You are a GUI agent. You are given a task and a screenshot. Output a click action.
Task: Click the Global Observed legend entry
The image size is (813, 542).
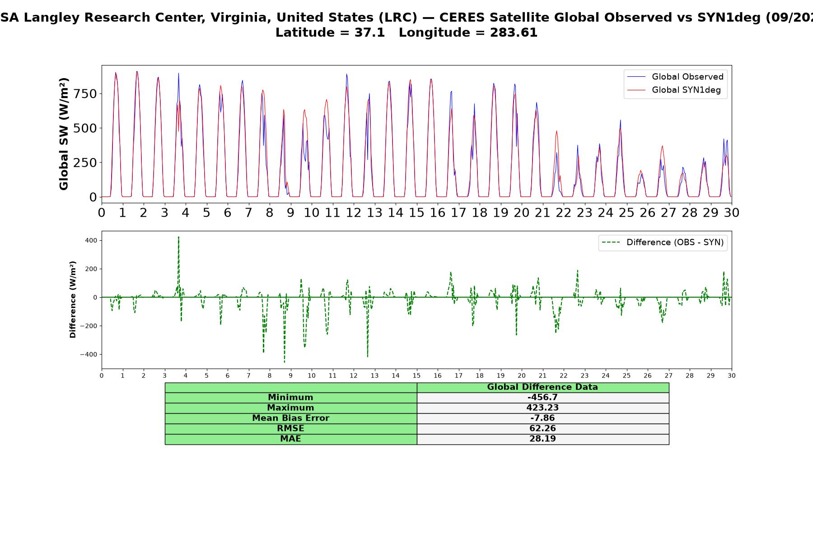tap(676, 77)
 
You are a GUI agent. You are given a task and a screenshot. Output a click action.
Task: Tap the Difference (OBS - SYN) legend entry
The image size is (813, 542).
tap(663, 243)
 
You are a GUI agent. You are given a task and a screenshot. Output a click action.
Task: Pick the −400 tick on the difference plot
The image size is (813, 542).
tap(89, 355)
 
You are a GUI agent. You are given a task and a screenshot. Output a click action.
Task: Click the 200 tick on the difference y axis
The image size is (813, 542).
tap(91, 269)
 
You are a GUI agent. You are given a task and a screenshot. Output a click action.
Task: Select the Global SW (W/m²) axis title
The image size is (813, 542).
tap(64, 134)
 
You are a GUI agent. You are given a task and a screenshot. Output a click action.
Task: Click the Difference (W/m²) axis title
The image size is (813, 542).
tap(73, 299)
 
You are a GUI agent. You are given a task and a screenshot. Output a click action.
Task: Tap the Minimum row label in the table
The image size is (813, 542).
tap(290, 397)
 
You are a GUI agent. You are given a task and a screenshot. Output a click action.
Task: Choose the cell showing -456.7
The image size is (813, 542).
tap(542, 397)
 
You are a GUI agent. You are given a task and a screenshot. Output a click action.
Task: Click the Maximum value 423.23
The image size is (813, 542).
tap(542, 408)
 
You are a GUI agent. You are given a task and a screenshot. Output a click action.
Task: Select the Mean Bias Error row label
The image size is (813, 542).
tap(290, 418)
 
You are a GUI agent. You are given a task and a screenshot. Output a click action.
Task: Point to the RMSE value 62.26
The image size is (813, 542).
tap(542, 429)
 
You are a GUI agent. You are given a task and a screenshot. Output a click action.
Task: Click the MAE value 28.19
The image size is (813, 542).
tap(542, 439)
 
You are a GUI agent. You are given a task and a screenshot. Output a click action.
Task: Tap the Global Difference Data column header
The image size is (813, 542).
tap(542, 387)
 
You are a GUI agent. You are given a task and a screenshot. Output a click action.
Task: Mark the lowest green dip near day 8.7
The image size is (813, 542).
tap(285, 361)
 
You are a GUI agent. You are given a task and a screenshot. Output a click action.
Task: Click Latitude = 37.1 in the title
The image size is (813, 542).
tap(330, 33)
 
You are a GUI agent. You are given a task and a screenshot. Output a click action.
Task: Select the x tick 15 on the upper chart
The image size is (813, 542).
tap(416, 212)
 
